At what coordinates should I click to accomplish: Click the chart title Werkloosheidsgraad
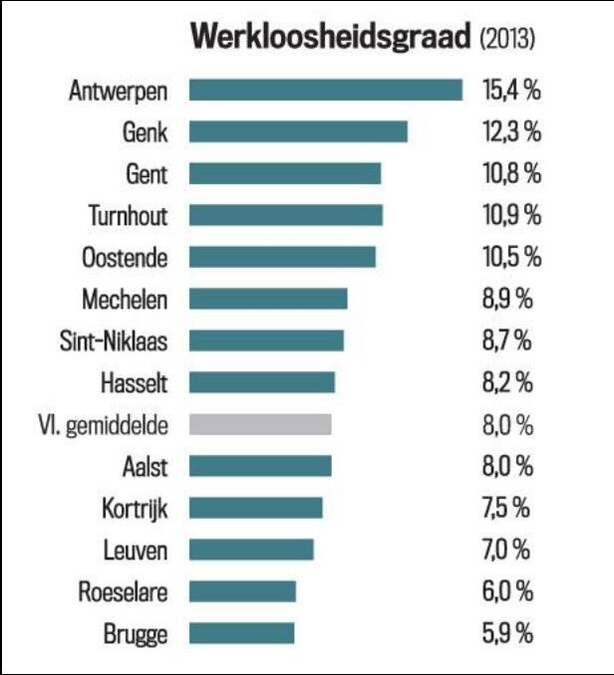click(x=331, y=37)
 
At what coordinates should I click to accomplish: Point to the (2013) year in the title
click(x=507, y=39)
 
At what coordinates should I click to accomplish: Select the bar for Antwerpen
click(x=325, y=91)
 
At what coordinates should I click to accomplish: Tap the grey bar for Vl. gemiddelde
click(x=260, y=425)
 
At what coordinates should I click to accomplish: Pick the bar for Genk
click(x=298, y=132)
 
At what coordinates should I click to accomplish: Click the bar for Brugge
click(x=242, y=633)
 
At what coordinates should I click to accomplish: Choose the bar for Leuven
click(x=251, y=550)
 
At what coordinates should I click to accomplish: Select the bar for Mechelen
click(x=268, y=299)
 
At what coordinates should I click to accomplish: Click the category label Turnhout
click(x=128, y=215)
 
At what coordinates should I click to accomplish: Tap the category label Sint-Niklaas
click(x=114, y=340)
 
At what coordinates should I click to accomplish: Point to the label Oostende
click(x=125, y=257)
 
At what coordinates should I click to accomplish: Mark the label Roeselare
click(x=123, y=591)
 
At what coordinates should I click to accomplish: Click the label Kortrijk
click(x=134, y=508)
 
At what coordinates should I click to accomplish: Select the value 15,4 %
click(x=511, y=91)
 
